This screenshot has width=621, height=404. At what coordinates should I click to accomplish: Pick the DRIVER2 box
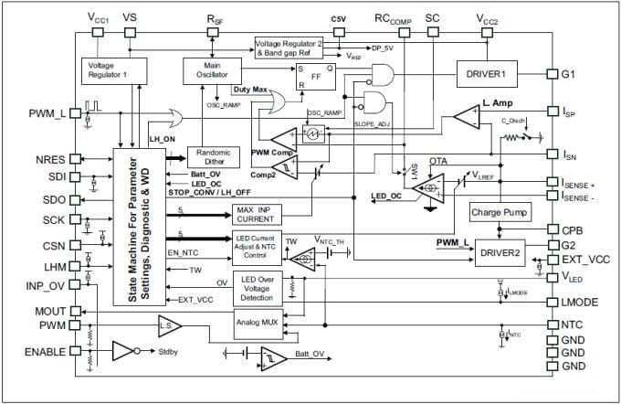coord(501,250)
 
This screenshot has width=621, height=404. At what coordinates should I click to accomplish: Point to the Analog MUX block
coord(258,323)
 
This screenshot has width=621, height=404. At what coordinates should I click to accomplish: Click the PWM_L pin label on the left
coord(46,112)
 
